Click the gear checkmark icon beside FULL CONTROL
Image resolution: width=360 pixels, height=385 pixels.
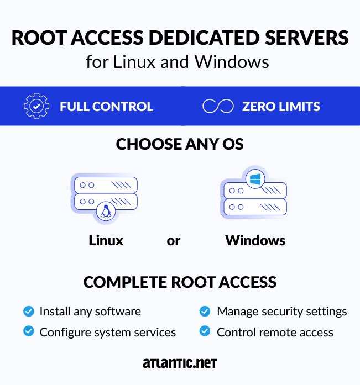pos(36,106)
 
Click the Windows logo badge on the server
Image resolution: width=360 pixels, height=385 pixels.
pos(255,179)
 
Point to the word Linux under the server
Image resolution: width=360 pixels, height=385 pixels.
pos(106,241)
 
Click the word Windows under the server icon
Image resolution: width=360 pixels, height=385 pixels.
pos(255,241)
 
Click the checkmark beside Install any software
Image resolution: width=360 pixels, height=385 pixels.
pos(28,312)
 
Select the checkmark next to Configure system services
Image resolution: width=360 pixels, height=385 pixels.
pos(28,331)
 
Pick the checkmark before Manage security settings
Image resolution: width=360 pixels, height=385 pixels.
pos(205,312)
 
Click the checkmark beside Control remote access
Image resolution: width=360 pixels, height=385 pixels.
pos(205,331)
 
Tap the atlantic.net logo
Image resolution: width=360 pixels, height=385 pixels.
pos(180,363)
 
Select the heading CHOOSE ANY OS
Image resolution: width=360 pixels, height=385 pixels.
pos(180,145)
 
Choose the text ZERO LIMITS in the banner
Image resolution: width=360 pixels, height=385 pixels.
pos(281,107)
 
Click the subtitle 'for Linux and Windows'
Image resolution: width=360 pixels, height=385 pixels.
pos(178,61)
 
